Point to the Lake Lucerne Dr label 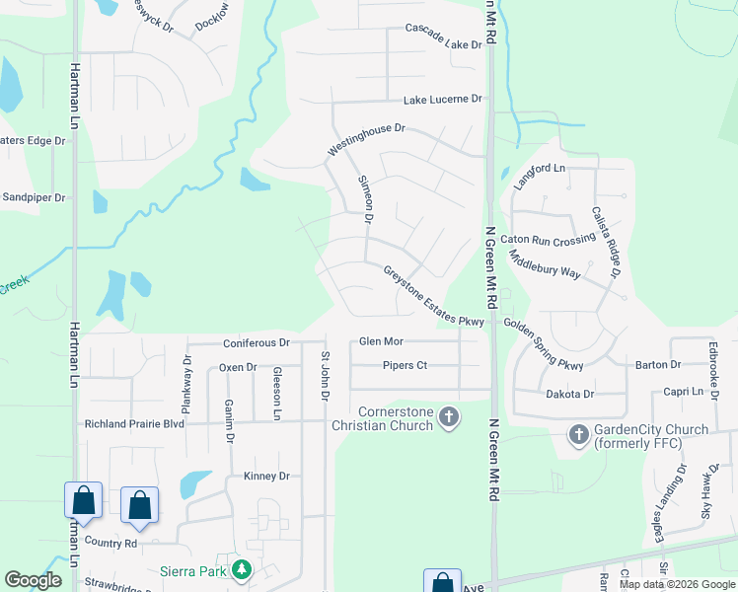coord(442,100)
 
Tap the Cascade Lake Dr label coord(443,43)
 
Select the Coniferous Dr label coord(256,343)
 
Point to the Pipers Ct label coord(405,365)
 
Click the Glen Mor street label coord(381,341)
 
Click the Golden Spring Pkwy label coord(544,343)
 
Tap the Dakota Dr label coord(569,394)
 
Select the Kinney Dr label coord(265,477)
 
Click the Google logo coord(34,579)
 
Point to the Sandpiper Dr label coord(33,197)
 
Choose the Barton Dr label coord(658,365)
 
